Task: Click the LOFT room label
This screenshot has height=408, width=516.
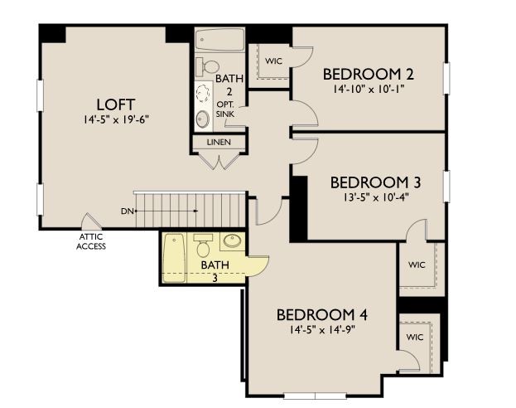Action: pyautogui.click(x=116, y=104)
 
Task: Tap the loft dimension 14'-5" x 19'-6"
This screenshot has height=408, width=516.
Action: pyautogui.click(x=116, y=119)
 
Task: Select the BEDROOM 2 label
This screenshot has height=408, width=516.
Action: pyautogui.click(x=369, y=73)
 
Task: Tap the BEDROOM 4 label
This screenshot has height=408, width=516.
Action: pyautogui.click(x=321, y=315)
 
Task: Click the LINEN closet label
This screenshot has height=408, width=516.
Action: pyautogui.click(x=219, y=142)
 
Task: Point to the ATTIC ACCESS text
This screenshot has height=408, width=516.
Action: pyautogui.click(x=91, y=241)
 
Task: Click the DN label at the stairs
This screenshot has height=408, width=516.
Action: pyautogui.click(x=127, y=211)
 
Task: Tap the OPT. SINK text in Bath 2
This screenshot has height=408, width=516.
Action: pyautogui.click(x=226, y=109)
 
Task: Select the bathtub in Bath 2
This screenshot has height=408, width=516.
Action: pyautogui.click(x=219, y=39)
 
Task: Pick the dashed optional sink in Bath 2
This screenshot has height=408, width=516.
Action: pyautogui.click(x=203, y=94)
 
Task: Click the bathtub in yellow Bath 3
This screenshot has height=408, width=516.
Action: pyautogui.click(x=174, y=258)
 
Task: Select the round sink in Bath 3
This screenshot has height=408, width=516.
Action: pyautogui.click(x=231, y=242)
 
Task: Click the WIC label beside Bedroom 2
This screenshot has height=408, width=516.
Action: pyautogui.click(x=272, y=61)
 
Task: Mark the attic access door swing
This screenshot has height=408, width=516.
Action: pyautogui.click(x=89, y=222)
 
